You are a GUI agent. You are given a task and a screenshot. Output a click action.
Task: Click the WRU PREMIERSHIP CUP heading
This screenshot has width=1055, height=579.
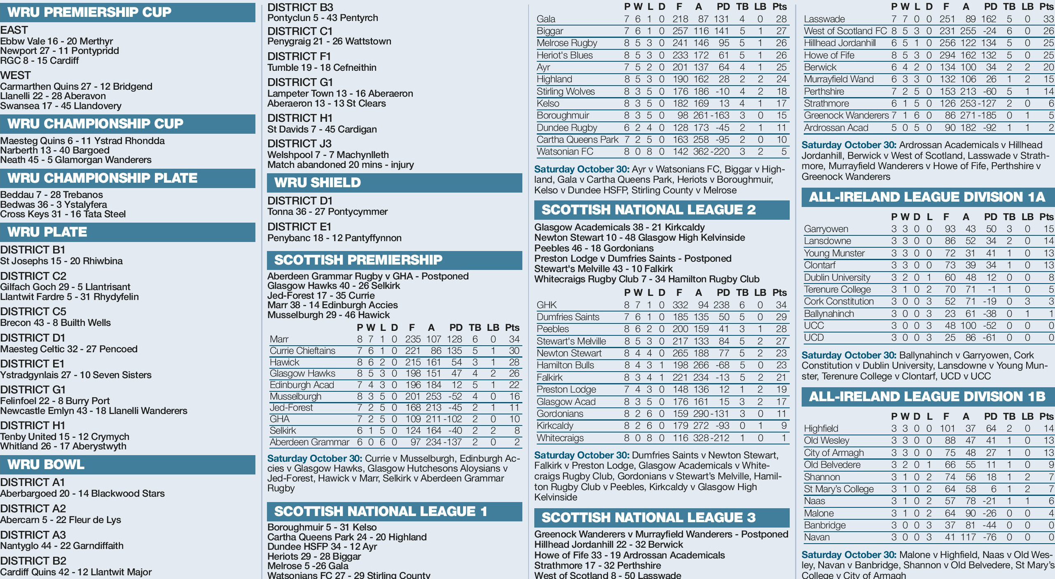tap(89, 12)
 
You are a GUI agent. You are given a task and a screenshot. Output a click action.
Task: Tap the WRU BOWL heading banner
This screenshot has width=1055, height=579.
tap(46, 465)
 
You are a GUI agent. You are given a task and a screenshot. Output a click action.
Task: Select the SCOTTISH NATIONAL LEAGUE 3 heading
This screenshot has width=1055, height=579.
tap(648, 518)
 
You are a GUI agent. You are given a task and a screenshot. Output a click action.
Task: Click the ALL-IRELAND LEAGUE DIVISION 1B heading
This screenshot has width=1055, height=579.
tap(927, 397)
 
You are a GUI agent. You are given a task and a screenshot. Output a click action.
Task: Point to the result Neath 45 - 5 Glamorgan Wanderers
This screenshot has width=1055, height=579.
tap(76, 160)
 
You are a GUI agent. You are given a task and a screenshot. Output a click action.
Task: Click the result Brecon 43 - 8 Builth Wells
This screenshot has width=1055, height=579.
tap(56, 323)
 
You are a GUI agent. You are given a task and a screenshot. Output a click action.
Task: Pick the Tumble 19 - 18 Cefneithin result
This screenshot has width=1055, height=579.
tap(322, 67)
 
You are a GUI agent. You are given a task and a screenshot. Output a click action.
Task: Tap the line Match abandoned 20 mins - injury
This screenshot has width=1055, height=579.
tap(340, 165)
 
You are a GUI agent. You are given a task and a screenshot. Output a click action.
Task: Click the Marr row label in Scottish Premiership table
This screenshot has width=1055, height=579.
tap(279, 339)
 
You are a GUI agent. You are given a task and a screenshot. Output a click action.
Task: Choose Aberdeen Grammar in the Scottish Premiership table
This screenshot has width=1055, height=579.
tap(309, 442)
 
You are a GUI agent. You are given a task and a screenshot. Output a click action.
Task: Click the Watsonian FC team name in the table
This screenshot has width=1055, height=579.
tap(565, 152)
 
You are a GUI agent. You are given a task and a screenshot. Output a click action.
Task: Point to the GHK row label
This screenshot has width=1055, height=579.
tap(546, 305)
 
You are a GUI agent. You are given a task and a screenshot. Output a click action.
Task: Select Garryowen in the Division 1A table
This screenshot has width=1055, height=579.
tap(826, 229)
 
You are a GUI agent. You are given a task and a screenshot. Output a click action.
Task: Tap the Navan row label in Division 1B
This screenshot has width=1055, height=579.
tap(816, 537)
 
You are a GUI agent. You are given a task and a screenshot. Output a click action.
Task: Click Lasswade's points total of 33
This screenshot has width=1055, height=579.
tap(1048, 19)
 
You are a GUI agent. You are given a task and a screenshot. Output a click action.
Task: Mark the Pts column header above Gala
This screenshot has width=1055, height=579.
tap(779, 7)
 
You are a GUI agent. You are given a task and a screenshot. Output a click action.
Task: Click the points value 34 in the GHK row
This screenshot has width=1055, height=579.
tap(781, 305)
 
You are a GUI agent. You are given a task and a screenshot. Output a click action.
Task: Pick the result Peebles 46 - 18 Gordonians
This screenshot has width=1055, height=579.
tap(594, 248)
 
